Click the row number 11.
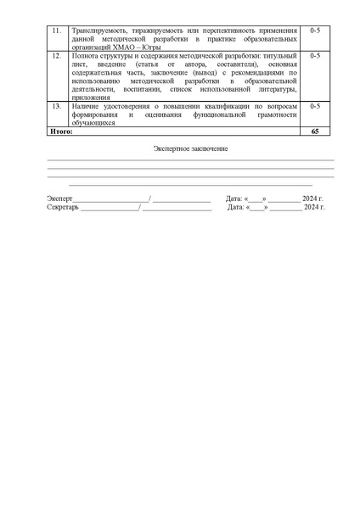click(x=56, y=31)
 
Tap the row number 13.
click(x=56, y=107)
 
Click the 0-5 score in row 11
click(x=314, y=31)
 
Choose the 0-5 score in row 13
click(x=314, y=107)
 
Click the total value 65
click(x=314, y=132)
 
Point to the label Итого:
click(x=61, y=132)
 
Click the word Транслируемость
click(x=98, y=31)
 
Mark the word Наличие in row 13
click(x=87, y=107)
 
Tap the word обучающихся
click(x=93, y=123)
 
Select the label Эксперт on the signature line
click(x=60, y=199)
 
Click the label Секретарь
click(x=63, y=207)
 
